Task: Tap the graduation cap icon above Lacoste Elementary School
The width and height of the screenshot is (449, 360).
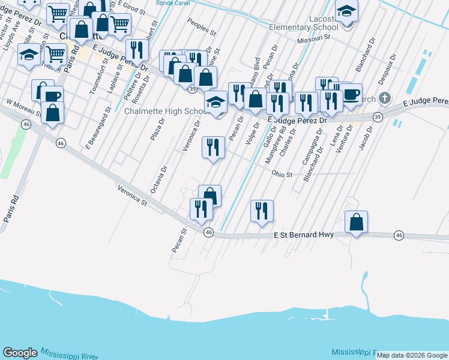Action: [x=346, y=11]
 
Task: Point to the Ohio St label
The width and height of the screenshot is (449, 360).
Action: [x=282, y=175]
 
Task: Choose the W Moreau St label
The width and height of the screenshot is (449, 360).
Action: [x=23, y=109]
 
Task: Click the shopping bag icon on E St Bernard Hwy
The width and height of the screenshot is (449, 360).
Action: [x=357, y=221]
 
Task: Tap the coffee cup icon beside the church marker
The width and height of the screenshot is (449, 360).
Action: [x=351, y=94]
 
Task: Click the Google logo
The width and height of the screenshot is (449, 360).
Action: [x=20, y=353]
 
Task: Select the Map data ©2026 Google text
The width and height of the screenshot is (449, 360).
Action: [x=412, y=355]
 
